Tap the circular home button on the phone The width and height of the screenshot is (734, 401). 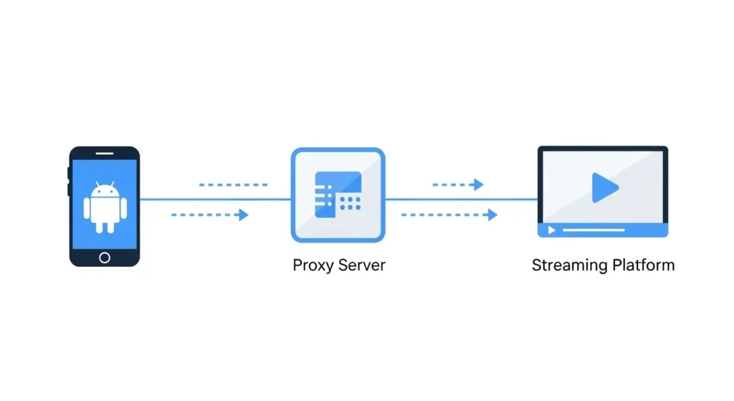[105, 257]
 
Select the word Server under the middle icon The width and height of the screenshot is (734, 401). [363, 265]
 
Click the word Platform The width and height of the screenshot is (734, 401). [644, 265]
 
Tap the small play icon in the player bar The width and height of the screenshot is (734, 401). [551, 230]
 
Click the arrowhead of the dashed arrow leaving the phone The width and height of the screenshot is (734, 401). [244, 214]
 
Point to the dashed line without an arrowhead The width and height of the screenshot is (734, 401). [233, 184]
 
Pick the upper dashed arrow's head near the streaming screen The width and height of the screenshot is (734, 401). [478, 184]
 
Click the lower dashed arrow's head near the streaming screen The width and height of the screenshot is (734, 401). [492, 214]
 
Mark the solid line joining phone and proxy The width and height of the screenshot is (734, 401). [215, 199]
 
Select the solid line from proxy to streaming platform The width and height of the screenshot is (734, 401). [462, 199]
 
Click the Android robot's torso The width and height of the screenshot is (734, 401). [105, 209]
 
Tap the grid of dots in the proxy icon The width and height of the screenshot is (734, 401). [350, 202]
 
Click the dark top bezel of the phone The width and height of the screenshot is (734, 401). [105, 153]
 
